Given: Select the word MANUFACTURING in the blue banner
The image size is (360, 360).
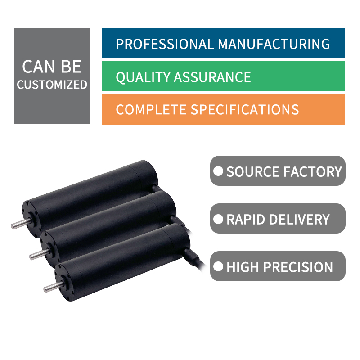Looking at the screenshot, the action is [x=274, y=44].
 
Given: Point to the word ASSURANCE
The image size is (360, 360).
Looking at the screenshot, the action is [x=212, y=77].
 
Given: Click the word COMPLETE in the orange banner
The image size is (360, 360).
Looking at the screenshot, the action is [x=151, y=109].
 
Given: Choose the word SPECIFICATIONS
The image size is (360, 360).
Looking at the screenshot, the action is [x=245, y=109].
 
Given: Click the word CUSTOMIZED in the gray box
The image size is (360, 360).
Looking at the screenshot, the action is [x=52, y=85].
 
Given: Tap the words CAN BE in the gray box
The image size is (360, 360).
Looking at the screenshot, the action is [x=52, y=67].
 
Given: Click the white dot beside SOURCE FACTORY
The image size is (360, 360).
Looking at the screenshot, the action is [x=218, y=171].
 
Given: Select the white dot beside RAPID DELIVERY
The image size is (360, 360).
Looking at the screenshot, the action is [x=218, y=219].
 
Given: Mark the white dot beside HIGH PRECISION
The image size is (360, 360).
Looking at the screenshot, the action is [x=218, y=266].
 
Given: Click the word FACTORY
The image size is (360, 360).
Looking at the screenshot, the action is [x=313, y=171].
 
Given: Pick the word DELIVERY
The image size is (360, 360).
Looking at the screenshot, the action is [x=299, y=219].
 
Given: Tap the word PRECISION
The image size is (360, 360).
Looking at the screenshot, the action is [x=298, y=267].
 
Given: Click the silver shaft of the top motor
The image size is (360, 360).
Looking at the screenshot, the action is [x=21, y=224].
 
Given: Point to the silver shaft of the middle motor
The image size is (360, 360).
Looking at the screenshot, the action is [x=40, y=254].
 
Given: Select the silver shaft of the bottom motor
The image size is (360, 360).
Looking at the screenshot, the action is [x=54, y=287].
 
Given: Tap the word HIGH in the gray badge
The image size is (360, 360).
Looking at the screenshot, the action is [x=243, y=267].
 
